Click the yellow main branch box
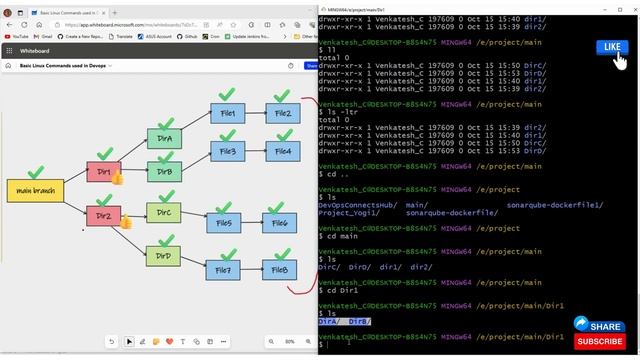[x=35, y=190]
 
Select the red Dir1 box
[x=104, y=172]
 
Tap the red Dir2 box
[x=104, y=215]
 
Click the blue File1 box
[x=227, y=113]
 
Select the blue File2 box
[x=282, y=113]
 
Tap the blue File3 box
[x=227, y=151]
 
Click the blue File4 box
[x=282, y=151]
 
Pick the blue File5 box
[x=223, y=223]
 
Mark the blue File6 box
[x=278, y=223]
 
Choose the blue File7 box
[x=223, y=269]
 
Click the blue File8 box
[x=278, y=269]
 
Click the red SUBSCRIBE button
[x=599, y=341]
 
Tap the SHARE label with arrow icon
[x=599, y=325]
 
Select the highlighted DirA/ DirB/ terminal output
[x=345, y=321]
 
